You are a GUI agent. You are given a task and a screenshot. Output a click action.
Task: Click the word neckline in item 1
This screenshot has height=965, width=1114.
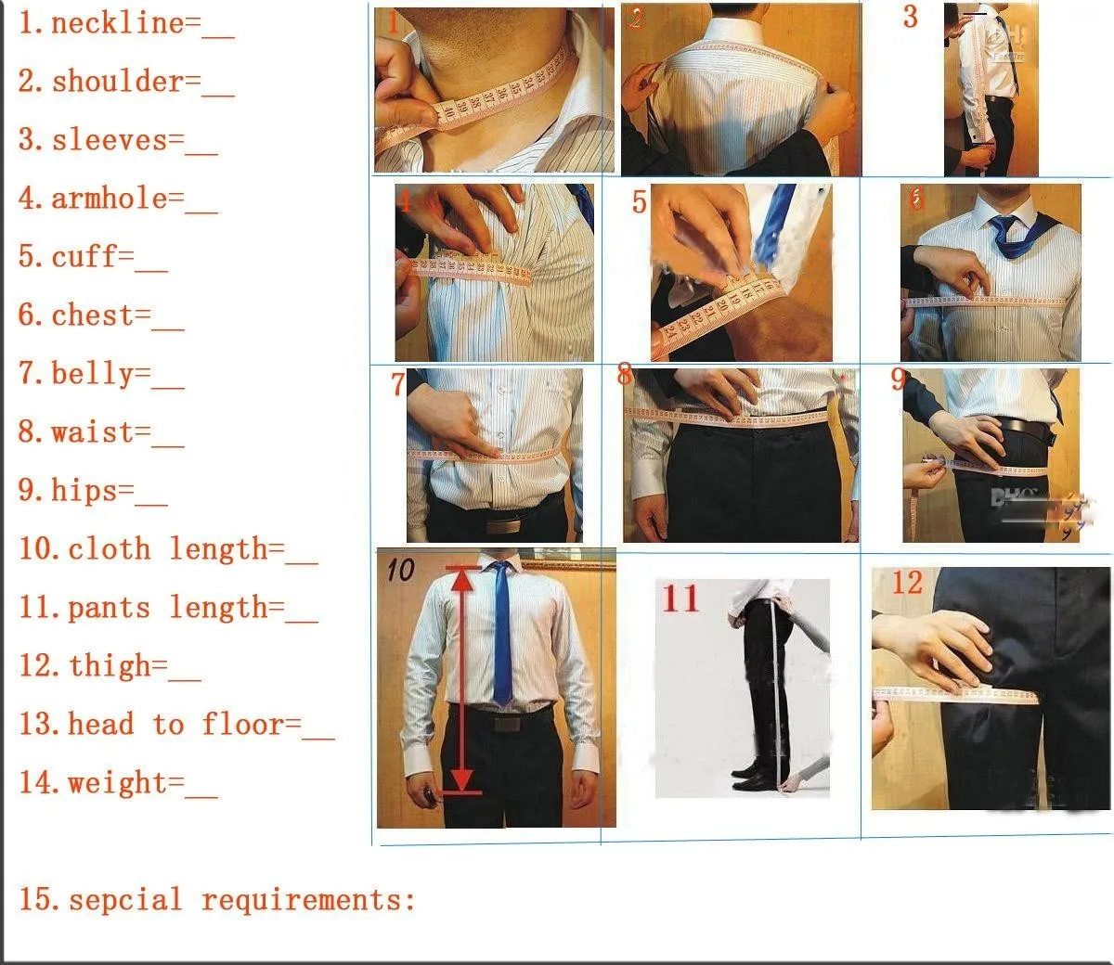point(118,23)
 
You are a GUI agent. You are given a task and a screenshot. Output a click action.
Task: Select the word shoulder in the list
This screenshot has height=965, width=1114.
point(118,82)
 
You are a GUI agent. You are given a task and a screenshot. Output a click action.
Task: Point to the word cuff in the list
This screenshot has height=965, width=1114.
point(84,257)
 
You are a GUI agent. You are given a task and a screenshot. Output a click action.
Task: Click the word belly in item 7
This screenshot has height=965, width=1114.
point(93,374)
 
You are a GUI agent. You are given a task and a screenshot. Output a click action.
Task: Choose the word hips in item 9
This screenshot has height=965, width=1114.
point(84,490)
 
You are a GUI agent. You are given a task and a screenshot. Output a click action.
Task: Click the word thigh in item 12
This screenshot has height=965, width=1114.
point(110,665)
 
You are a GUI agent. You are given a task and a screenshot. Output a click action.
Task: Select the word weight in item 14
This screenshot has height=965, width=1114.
point(118,782)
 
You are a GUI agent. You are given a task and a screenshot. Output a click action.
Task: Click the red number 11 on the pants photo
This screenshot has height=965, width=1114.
point(680,598)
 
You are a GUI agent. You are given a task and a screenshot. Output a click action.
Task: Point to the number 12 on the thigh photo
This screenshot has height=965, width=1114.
point(906,583)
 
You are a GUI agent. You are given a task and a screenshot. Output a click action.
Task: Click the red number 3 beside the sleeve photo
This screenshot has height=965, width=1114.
point(910,17)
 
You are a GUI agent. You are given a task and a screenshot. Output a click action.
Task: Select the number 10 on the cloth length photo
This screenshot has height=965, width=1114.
point(400,569)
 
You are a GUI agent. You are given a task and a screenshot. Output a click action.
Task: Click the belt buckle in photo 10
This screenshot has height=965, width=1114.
point(509,723)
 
